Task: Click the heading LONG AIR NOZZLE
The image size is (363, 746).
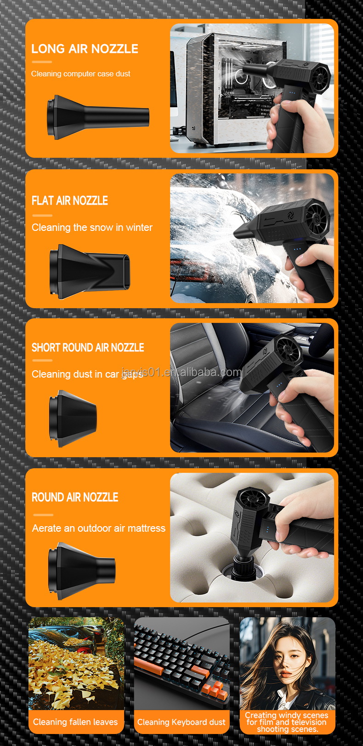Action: point(85,49)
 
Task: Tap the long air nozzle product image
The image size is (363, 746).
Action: point(98,117)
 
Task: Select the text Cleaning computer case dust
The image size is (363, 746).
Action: point(80,74)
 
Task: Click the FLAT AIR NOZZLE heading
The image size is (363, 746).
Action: point(70,201)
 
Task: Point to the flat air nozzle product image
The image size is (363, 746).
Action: point(90,271)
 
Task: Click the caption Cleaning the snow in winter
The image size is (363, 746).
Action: point(92,228)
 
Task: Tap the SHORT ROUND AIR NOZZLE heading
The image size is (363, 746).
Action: point(88,348)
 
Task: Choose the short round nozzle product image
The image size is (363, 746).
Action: point(73,418)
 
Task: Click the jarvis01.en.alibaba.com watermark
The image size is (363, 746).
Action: point(181,372)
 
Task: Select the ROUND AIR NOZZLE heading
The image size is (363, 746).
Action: point(75,497)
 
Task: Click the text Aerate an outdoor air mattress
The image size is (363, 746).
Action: point(98,528)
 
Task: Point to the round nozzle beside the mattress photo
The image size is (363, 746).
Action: point(82,571)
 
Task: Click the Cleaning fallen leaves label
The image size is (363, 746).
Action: point(75,722)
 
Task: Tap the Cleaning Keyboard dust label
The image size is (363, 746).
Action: point(181,722)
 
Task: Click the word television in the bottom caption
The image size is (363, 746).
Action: point(308,722)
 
